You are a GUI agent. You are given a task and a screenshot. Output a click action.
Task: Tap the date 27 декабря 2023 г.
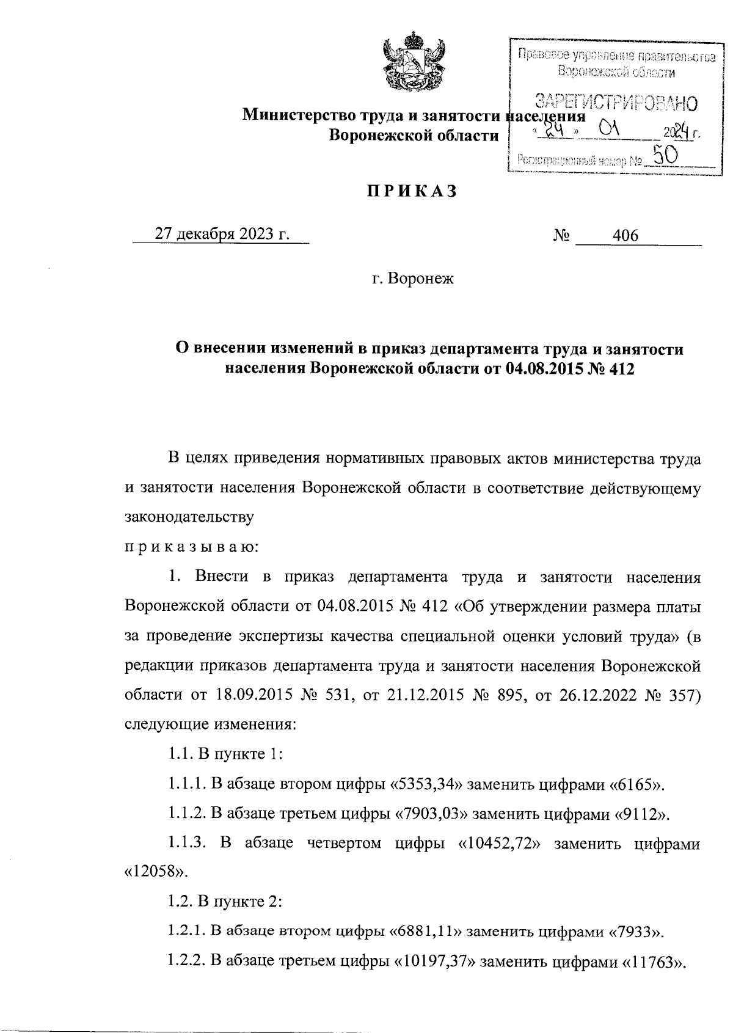(x=222, y=235)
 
